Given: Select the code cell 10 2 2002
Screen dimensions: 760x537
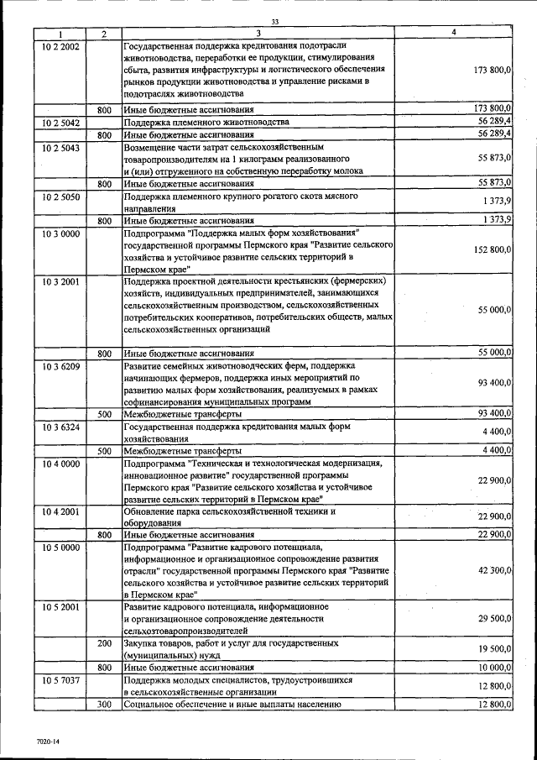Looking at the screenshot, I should click(60, 45).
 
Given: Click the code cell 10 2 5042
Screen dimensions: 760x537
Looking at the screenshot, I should click(60, 123).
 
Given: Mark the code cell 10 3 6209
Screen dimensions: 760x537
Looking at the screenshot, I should click(60, 367).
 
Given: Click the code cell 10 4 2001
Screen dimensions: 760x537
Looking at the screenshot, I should click(60, 511).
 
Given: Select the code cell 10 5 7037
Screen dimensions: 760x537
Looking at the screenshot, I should click(60, 680).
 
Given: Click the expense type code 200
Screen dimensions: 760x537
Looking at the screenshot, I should click(104, 643).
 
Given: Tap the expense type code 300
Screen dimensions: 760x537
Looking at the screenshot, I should click(104, 705).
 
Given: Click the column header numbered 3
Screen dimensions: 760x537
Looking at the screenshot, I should click(258, 34).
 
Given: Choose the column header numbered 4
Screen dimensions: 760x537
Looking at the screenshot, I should click(453, 33).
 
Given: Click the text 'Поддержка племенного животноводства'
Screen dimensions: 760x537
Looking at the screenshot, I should click(206, 123).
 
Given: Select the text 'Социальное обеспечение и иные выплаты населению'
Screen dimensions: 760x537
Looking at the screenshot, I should click(232, 705).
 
